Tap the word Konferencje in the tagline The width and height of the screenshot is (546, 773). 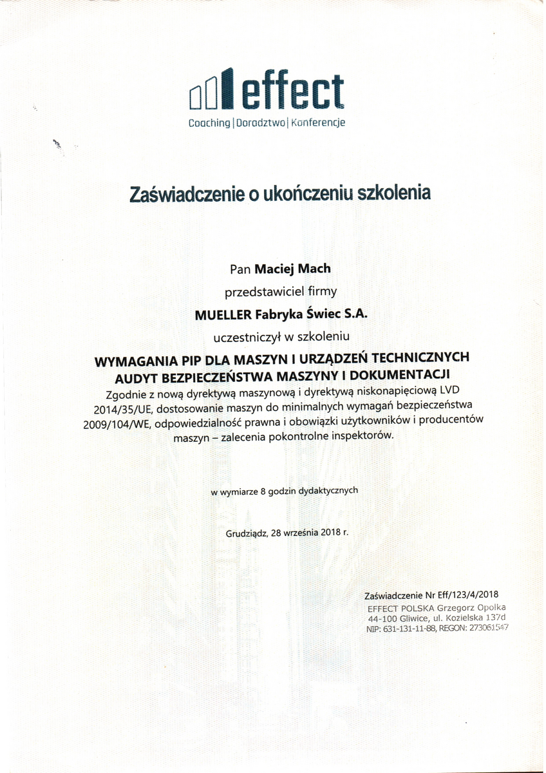coord(318,122)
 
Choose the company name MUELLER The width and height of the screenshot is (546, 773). coord(222,314)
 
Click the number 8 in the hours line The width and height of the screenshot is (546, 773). coord(263,491)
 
